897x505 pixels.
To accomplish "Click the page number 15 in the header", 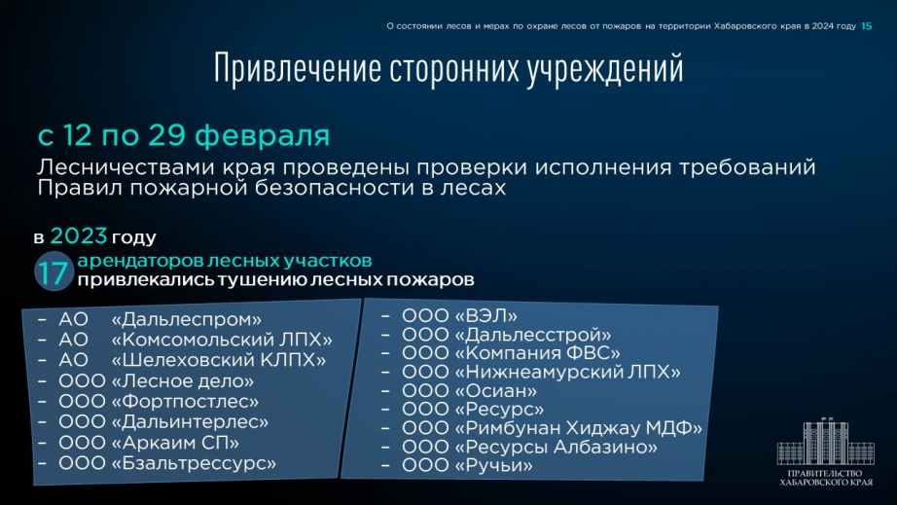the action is click(866, 26).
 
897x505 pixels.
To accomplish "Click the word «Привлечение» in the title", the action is click(298, 68).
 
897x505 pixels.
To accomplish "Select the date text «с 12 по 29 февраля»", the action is click(184, 135).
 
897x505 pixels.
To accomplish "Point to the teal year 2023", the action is click(79, 235).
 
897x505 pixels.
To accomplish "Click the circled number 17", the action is click(54, 271).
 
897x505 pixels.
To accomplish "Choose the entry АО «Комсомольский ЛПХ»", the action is click(196, 340).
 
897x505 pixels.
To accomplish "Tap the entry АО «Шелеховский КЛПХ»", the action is click(193, 360).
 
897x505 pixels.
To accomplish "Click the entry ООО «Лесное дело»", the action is click(157, 380).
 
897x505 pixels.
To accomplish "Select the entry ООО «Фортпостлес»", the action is click(159, 402).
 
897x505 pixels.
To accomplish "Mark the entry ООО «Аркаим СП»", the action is click(149, 443).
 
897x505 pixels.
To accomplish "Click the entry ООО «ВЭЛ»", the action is click(459, 315).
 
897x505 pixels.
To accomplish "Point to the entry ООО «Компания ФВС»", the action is click(511, 353).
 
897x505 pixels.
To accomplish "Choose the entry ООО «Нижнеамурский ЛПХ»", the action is click(541, 372).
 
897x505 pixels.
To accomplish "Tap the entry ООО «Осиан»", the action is click(469, 390).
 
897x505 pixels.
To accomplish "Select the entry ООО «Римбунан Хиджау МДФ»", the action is click(552, 428).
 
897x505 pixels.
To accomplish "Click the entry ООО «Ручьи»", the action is click(467, 465).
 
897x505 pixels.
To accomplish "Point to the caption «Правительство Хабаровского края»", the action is click(825, 478).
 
